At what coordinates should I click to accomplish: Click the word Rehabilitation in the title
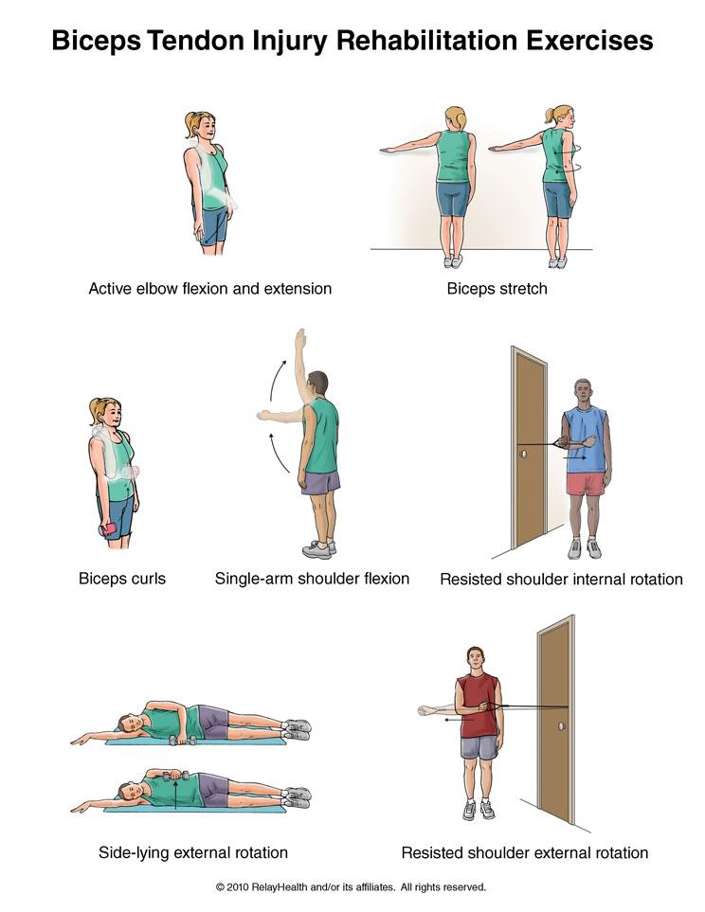[428, 41]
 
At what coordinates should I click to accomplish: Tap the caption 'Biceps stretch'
[497, 289]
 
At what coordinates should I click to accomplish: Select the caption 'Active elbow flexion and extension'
[209, 289]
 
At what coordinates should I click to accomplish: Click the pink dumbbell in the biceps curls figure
[108, 529]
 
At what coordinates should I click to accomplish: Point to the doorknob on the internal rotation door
[523, 453]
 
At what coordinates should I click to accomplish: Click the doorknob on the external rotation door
[562, 725]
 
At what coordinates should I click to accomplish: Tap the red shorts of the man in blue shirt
[586, 483]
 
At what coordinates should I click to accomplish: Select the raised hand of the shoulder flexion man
[300, 339]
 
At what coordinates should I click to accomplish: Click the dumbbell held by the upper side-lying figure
[183, 740]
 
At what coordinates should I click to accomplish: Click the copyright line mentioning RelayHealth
[351, 887]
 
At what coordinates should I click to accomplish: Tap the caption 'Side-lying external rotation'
[192, 852]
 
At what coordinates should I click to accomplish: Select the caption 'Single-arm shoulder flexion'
[312, 578]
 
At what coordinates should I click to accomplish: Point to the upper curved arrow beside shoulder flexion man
[277, 379]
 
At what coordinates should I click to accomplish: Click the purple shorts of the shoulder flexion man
[321, 482]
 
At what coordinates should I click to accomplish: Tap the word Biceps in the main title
[96, 41]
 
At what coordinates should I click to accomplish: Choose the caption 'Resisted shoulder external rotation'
[525, 852]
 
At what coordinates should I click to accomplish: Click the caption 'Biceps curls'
[122, 578]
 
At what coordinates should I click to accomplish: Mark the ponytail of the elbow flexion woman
[190, 124]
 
